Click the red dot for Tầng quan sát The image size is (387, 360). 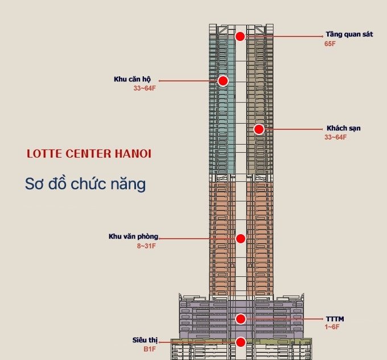(x=240, y=36)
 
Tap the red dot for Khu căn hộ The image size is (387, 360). (x=223, y=81)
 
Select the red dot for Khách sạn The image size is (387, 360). (x=259, y=129)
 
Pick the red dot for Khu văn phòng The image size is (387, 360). (x=241, y=239)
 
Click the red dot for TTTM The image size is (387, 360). (x=241, y=319)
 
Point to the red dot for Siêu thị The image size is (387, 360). (x=241, y=342)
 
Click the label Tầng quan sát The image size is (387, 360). (x=349, y=34)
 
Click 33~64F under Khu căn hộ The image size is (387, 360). (x=145, y=88)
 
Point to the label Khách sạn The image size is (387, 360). (x=343, y=128)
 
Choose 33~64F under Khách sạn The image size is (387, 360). (x=335, y=137)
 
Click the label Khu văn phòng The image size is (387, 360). (x=133, y=236)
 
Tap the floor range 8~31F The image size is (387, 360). (x=145, y=246)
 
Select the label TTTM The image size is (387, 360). (x=335, y=318)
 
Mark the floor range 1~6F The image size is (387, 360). (x=332, y=327)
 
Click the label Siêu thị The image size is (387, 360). (x=141, y=340)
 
